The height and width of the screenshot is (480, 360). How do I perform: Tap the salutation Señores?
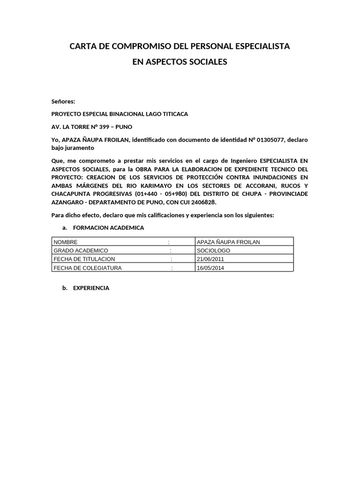[x=63, y=101]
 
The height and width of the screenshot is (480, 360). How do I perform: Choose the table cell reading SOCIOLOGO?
[x=213, y=250]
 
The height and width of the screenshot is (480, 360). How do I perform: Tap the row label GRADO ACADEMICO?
[x=81, y=250]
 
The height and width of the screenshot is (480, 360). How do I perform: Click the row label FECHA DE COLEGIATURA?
[x=88, y=268]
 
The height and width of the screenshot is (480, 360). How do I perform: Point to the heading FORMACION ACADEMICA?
[x=109, y=228]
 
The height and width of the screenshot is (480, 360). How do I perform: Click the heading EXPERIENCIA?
[x=91, y=288]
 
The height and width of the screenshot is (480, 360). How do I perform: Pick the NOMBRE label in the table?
[x=65, y=242]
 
